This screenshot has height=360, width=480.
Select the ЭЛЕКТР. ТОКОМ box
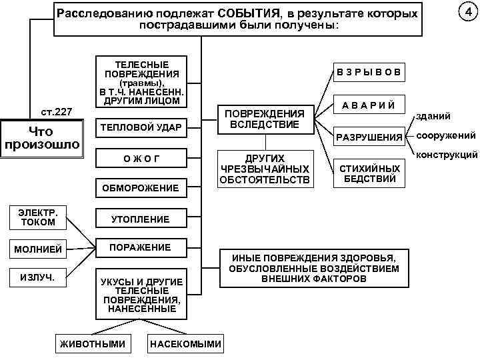tap(39, 217)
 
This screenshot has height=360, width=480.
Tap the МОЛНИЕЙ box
tap(39, 249)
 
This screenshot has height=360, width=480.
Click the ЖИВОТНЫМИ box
tap(93, 344)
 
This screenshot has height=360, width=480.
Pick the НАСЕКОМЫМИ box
tap(186, 344)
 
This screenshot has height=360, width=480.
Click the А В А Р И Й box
tap(369, 105)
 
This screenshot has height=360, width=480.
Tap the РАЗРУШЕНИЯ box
tap(369, 137)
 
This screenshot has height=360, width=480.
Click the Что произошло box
tap(41, 138)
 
